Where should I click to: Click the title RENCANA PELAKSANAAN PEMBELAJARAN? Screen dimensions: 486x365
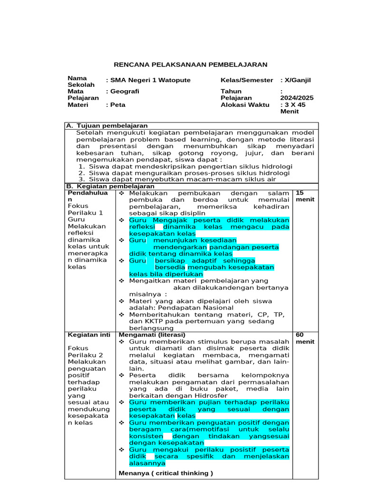coord(191,65)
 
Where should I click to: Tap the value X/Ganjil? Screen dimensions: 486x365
coord(297,80)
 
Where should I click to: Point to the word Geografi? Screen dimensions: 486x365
coord(124,91)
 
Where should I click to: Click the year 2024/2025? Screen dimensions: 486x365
coord(297,98)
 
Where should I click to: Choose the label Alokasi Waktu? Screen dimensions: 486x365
coord(241,105)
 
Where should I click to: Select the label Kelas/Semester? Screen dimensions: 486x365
coord(247,80)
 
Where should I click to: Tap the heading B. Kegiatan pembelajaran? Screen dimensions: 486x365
coord(103,187)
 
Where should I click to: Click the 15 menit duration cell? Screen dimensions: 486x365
coord(305,196)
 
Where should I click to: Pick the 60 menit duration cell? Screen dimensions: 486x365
coord(305,338)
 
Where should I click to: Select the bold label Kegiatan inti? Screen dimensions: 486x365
coord(89,335)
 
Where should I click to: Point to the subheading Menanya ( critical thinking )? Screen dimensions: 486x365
coord(165,473)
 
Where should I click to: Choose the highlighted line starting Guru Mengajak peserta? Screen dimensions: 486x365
coord(209,220)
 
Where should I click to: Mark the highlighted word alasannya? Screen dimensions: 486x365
coord(147,463)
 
